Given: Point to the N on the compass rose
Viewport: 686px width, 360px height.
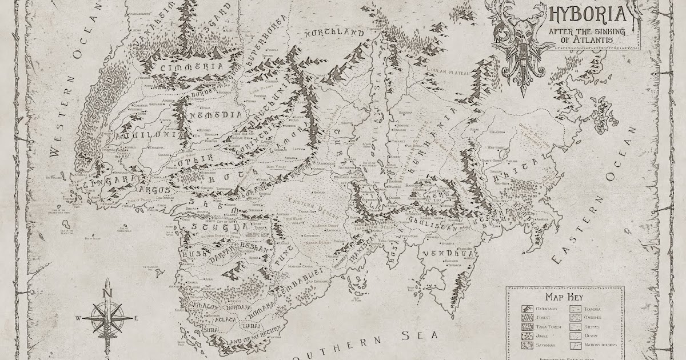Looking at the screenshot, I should tap(107, 293).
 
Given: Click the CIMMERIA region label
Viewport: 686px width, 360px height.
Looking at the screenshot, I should tap(184, 67).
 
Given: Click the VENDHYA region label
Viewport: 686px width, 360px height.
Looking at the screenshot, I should tap(449, 252).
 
